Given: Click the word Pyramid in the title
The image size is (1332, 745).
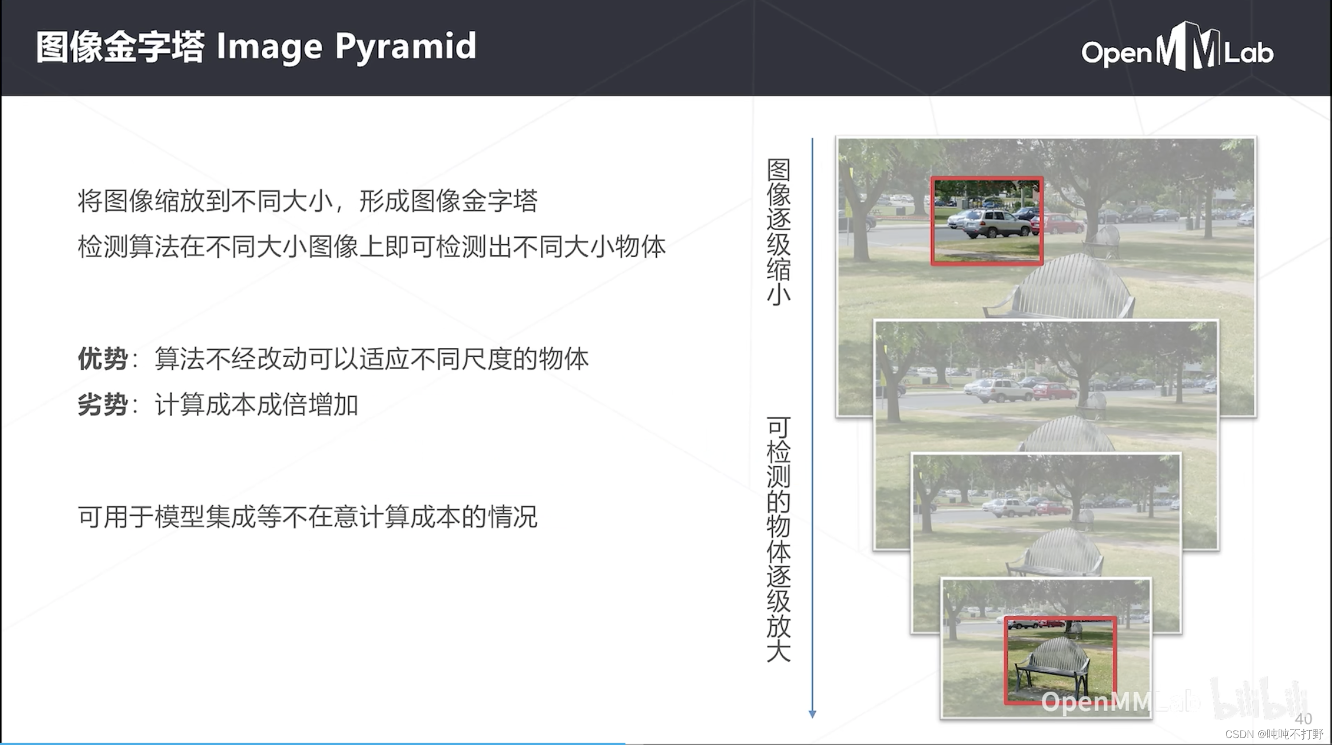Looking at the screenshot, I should (x=405, y=46).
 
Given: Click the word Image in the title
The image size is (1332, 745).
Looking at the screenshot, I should (x=269, y=46).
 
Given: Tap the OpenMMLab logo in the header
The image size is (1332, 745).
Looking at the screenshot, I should (x=1177, y=49).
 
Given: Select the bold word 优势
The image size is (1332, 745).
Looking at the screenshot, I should (x=103, y=359).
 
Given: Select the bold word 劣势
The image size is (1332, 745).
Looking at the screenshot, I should (x=103, y=405).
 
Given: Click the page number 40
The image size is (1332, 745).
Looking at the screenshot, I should (x=1303, y=719).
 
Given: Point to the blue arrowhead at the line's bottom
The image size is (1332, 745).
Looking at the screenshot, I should (x=812, y=713).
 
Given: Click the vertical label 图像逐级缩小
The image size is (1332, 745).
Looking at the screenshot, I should (x=778, y=232).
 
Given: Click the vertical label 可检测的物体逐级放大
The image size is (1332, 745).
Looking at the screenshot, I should (x=778, y=540).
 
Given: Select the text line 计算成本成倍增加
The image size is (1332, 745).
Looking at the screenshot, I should (x=256, y=405).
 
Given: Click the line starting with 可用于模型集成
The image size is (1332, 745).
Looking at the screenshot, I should (x=307, y=517).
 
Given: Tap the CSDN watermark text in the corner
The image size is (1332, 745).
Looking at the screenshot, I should (x=1273, y=734).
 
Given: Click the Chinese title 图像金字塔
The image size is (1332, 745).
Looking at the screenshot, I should (x=120, y=46).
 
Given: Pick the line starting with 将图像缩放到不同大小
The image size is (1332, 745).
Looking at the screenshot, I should (x=307, y=201).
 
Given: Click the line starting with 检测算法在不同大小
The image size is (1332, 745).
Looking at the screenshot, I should (x=371, y=247).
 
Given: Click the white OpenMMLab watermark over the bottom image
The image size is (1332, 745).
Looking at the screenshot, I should (x=1096, y=701).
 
